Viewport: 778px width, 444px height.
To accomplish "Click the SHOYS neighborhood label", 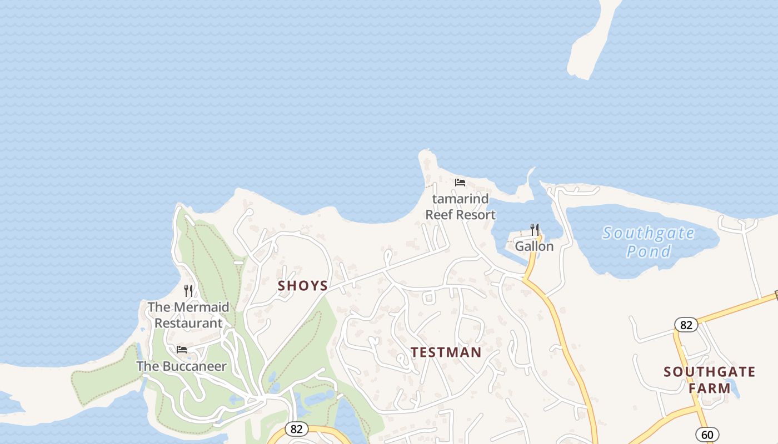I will pos(303,286).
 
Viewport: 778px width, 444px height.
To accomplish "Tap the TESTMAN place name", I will pos(446,352).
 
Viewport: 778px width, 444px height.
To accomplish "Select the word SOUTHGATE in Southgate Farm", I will pos(709,372).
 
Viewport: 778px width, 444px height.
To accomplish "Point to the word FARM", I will pos(710,388).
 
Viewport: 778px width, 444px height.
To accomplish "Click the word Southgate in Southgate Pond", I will pos(649,234).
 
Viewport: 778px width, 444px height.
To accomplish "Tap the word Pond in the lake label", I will pos(649,251).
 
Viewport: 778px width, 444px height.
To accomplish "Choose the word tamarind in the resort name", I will pos(460,199).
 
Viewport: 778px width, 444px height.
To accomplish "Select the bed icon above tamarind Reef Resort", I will pos(460,183).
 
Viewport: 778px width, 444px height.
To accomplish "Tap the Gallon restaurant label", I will pos(534,246).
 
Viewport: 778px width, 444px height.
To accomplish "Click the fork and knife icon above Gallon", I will pos(534,229).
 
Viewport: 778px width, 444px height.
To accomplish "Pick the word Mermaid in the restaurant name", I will pos(201,307).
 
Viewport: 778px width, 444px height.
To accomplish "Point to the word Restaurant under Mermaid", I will pos(188,323).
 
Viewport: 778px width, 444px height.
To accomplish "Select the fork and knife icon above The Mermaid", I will pos(188,290).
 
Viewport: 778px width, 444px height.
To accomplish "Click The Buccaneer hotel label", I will pos(182,366).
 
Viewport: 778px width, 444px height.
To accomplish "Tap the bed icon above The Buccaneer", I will pos(182,350).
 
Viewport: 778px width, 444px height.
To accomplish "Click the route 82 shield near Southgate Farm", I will pos(686,325).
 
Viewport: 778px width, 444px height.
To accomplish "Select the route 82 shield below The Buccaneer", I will pos(297,429).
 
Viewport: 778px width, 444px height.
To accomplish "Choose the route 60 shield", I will pos(707,435).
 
